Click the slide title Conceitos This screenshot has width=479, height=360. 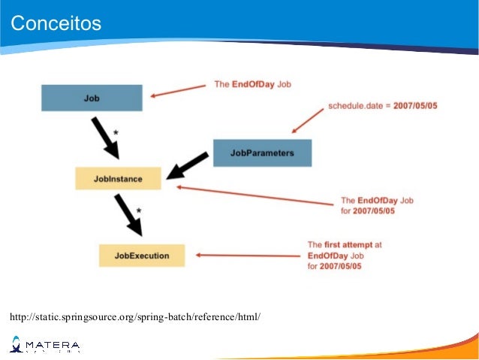coord(56,24)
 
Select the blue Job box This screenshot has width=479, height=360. coord(92,98)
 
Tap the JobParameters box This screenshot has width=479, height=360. coord(262,153)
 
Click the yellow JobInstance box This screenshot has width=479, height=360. coord(118,179)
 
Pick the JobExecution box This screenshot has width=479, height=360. coord(142,256)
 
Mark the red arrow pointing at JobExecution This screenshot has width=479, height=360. coord(248,256)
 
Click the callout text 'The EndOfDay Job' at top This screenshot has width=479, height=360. coord(252,84)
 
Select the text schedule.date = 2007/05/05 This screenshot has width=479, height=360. coord(383,106)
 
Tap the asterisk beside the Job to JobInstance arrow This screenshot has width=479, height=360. coord(115,133)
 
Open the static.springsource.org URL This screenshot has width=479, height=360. coord(135,316)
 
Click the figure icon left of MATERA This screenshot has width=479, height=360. coord(17,344)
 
